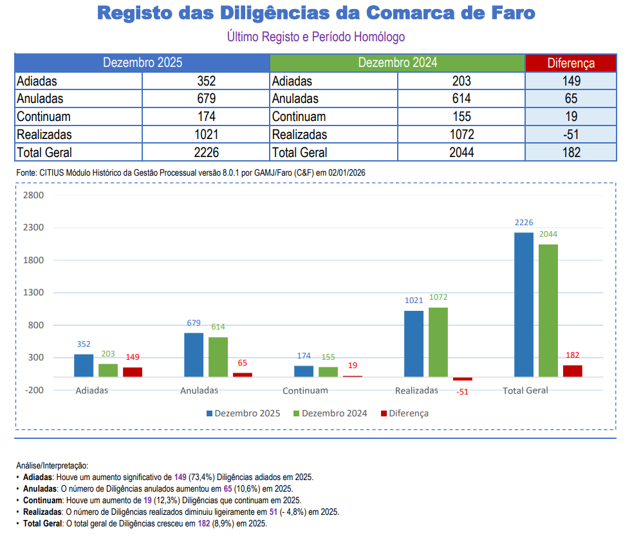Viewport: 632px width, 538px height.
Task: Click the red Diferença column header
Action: click(571, 63)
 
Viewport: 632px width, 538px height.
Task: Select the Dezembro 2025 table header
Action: click(142, 63)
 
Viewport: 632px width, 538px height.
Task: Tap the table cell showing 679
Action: click(206, 99)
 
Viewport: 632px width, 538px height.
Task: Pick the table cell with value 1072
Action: click(461, 134)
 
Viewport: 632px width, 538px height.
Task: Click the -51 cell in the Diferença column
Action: click(571, 134)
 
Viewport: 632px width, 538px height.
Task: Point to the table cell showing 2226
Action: click(206, 153)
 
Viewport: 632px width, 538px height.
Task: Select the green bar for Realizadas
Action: click(438, 342)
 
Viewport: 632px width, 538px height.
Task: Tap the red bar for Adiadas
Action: click(133, 372)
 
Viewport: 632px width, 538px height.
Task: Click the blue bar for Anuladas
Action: click(194, 355)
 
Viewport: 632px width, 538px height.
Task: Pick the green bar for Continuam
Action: click(328, 371)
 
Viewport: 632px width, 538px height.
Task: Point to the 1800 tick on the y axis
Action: click(33, 260)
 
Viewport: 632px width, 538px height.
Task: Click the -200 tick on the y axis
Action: click(33, 390)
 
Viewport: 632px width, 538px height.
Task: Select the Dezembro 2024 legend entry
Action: click(330, 413)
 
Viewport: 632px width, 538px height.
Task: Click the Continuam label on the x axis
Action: click(305, 391)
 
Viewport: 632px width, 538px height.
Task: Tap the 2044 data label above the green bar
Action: click(548, 234)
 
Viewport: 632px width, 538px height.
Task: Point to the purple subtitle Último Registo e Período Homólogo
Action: click(316, 37)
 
